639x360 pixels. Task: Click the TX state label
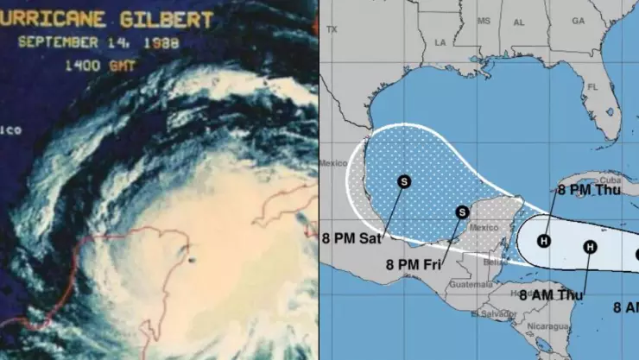332,28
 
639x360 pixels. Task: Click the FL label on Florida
592,87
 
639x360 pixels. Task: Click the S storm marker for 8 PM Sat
403,181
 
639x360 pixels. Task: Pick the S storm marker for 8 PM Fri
462,212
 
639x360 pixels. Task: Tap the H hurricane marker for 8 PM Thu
545,241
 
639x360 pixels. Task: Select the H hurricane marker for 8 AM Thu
590,248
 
